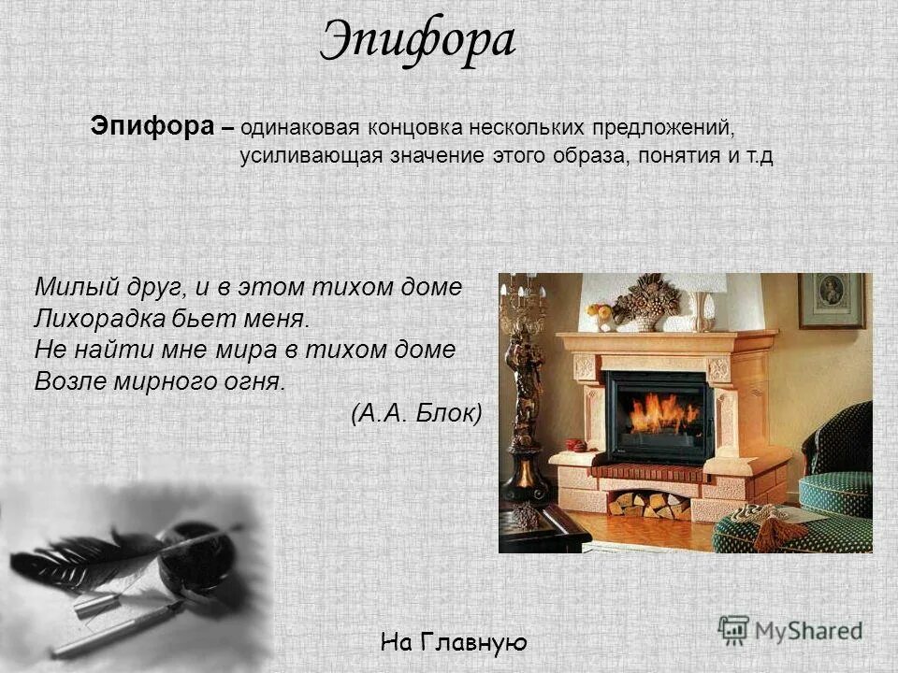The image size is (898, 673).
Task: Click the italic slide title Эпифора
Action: coord(418,41)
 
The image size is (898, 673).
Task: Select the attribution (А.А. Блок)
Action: coord(416,413)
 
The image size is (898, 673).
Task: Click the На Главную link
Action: coord(455,642)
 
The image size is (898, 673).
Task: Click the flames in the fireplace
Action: coord(662,414)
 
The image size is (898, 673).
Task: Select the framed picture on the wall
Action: coord(832,301)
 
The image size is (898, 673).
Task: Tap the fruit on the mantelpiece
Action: coord(599,312)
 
